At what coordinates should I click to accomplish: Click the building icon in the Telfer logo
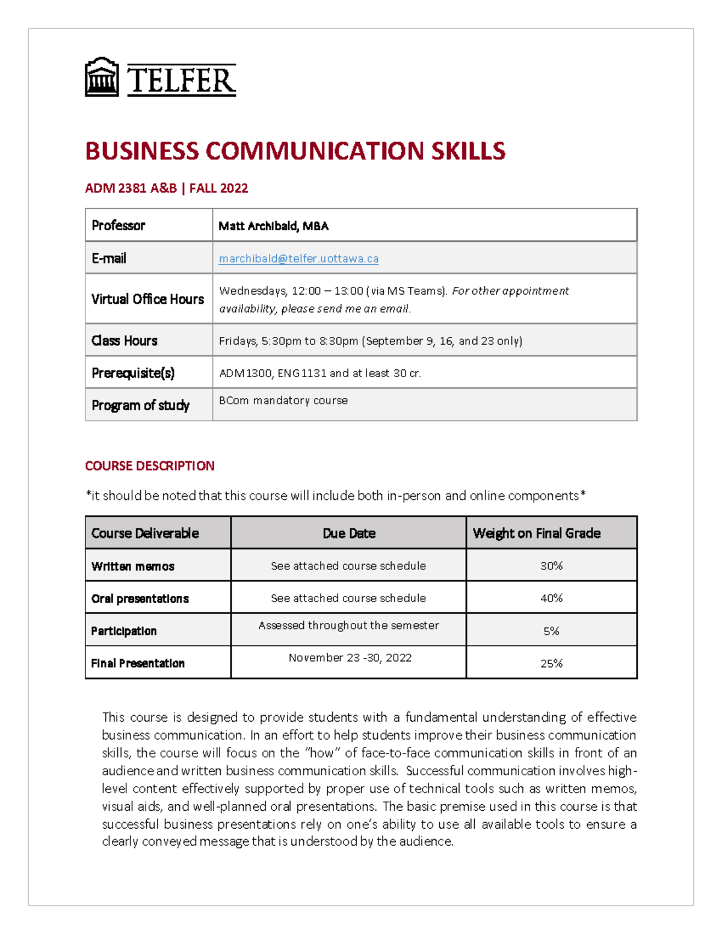(x=102, y=77)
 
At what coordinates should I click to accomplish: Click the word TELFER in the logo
(x=181, y=81)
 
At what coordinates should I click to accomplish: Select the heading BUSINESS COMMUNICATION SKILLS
(x=295, y=151)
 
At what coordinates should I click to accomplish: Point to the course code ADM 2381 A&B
(x=131, y=188)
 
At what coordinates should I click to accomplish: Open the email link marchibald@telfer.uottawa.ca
(x=298, y=259)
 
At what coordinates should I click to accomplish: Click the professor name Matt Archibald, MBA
(x=273, y=226)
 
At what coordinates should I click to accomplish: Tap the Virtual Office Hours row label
(x=147, y=299)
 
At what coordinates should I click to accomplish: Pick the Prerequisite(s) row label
(x=133, y=373)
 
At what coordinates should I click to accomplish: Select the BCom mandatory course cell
(x=283, y=401)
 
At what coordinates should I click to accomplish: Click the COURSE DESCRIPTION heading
(x=150, y=466)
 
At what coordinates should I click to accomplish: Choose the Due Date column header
(x=349, y=533)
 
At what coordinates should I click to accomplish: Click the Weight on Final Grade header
(x=537, y=533)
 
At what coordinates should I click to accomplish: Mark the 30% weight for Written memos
(x=551, y=566)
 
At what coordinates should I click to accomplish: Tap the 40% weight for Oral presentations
(x=551, y=598)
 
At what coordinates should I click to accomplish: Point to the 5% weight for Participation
(x=551, y=631)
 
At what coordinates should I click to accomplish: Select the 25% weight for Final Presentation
(x=551, y=663)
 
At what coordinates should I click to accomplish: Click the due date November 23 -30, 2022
(x=350, y=658)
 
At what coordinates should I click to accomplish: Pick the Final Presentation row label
(x=138, y=663)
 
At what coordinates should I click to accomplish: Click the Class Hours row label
(x=125, y=340)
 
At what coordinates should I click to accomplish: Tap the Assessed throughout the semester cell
(x=349, y=625)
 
